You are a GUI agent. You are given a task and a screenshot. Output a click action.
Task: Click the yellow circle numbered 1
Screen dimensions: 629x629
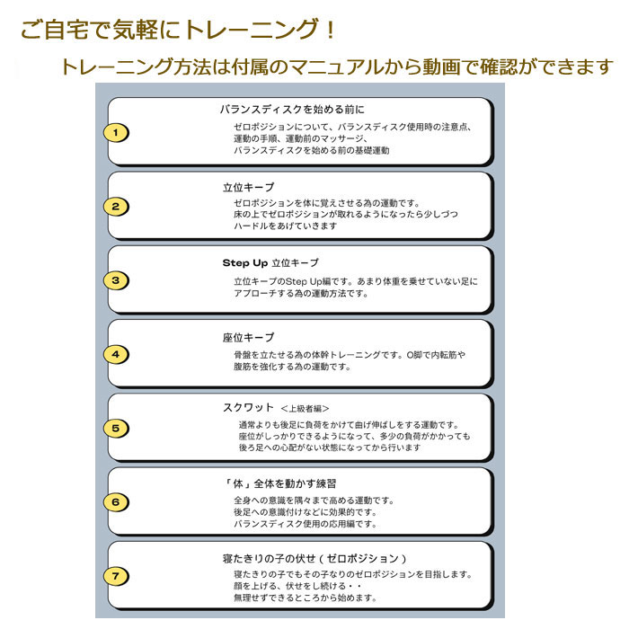click(x=116, y=132)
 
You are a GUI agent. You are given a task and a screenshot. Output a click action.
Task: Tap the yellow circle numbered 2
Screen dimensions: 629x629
click(x=116, y=206)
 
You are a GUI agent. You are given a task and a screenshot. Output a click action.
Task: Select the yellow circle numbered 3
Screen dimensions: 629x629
click(x=116, y=280)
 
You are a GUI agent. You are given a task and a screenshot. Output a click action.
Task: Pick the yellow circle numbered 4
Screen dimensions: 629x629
click(x=116, y=354)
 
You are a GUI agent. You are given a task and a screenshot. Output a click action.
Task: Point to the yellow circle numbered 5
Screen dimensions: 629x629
click(x=116, y=428)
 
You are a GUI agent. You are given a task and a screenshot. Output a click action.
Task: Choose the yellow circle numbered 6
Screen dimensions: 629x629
click(x=116, y=501)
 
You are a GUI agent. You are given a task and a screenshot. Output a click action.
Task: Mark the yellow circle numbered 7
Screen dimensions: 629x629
click(x=116, y=576)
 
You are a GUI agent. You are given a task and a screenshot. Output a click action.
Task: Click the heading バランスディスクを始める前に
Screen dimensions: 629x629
click(x=292, y=109)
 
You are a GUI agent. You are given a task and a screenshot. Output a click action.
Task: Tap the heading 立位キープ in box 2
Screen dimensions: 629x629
click(x=248, y=187)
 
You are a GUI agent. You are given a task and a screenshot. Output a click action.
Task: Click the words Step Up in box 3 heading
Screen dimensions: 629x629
click(x=245, y=263)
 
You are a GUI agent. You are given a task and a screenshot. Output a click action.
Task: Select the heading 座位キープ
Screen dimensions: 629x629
click(x=248, y=337)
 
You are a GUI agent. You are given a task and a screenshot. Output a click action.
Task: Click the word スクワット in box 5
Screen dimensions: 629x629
click(x=248, y=408)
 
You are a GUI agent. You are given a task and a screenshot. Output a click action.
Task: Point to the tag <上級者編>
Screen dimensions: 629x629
click(x=305, y=408)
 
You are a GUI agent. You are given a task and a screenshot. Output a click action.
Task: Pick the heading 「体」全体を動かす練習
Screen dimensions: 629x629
click(x=280, y=483)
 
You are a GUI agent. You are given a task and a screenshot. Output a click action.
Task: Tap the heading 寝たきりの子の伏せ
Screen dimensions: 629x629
click(x=269, y=558)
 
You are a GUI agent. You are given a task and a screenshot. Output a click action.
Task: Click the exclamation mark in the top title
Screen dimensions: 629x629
click(x=331, y=30)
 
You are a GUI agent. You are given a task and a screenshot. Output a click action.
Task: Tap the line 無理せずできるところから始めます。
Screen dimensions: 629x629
click(x=306, y=598)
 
